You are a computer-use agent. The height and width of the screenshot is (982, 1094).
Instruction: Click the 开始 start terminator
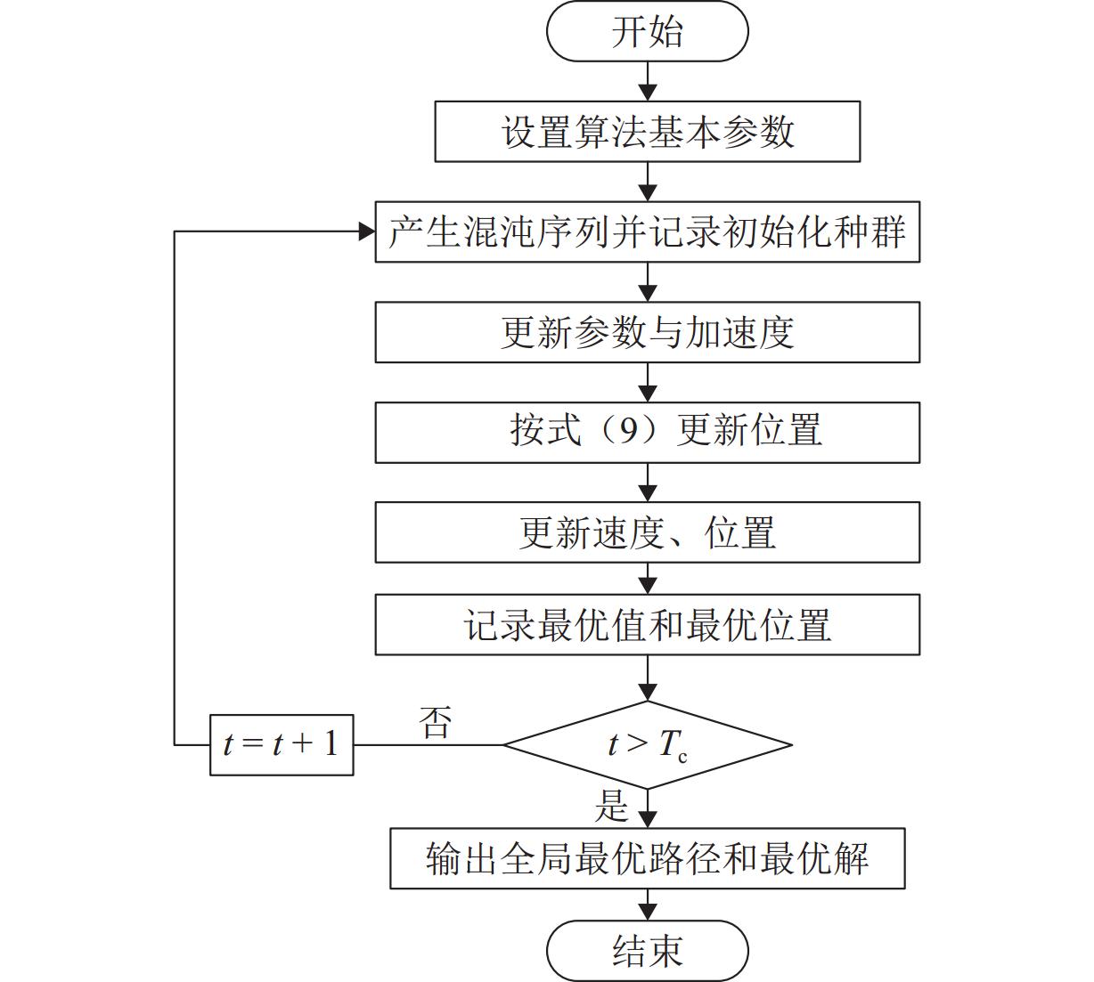[647, 32]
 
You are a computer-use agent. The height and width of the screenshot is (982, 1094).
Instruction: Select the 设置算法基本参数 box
[647, 132]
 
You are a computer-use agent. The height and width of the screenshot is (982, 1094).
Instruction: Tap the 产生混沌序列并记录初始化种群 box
[647, 232]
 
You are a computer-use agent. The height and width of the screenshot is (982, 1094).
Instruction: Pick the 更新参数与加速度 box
[647, 333]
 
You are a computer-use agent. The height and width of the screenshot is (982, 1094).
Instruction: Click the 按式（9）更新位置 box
[647, 433]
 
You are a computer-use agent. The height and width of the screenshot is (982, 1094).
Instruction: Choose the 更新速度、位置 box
[647, 532]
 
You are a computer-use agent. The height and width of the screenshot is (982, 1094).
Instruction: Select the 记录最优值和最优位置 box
[647, 625]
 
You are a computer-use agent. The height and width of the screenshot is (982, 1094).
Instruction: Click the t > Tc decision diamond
[647, 744]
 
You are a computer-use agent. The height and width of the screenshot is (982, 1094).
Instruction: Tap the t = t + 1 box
[282, 744]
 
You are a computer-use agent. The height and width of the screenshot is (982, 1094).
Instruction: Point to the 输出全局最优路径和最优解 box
[647, 859]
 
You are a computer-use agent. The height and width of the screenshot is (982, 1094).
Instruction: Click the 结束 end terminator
[647, 951]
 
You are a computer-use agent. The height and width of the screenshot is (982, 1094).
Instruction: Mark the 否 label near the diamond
[436, 722]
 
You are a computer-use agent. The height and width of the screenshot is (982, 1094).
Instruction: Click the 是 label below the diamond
[611, 807]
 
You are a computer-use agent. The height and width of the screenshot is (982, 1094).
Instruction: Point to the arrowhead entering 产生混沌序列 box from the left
[366, 232]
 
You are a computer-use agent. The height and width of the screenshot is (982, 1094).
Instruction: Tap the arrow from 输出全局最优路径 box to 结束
[648, 905]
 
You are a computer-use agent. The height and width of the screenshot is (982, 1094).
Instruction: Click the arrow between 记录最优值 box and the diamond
[648, 679]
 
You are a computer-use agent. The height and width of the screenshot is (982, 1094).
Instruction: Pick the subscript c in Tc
[682, 757]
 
